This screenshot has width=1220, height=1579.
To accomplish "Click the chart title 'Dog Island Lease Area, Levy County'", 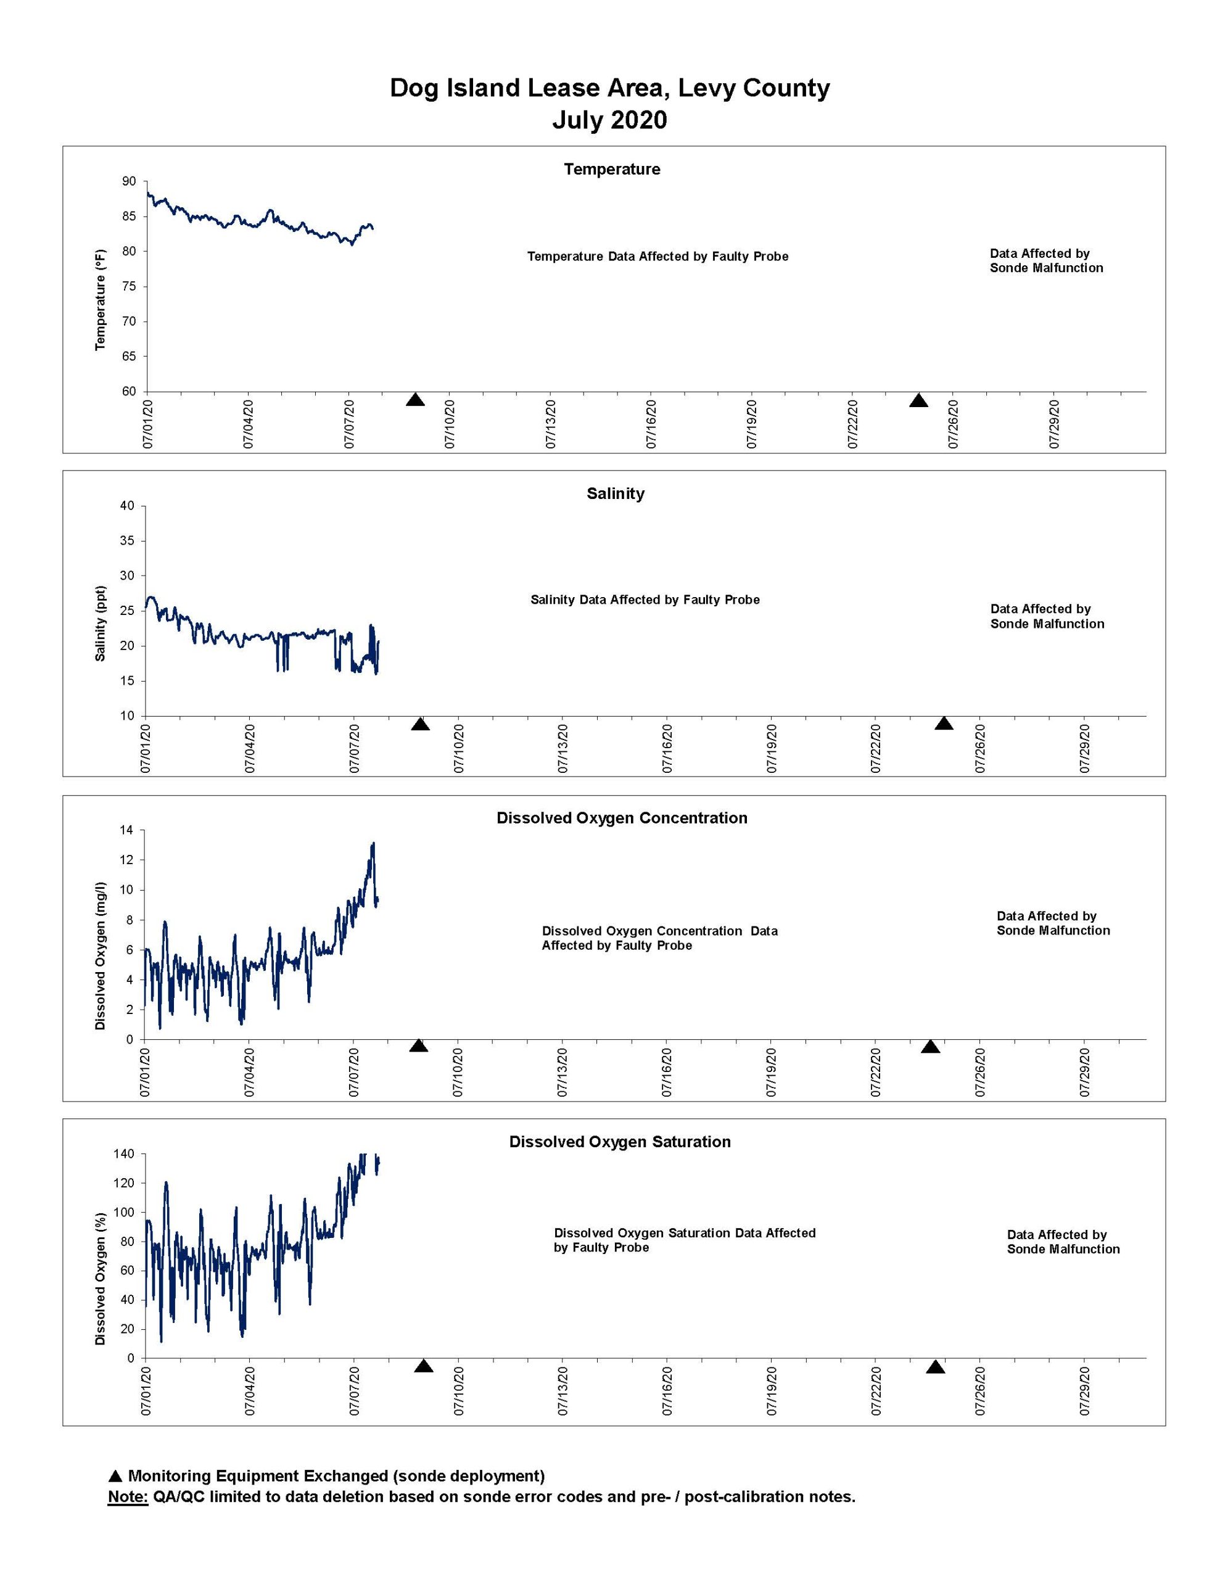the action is pos(609,88).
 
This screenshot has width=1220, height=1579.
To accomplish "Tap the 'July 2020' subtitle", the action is pos(609,120).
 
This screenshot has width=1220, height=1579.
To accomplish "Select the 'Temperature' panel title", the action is pos(612,169).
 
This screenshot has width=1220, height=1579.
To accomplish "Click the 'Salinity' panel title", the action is pos(616,494).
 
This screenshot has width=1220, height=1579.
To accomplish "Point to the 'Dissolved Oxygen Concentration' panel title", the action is pos(622,818).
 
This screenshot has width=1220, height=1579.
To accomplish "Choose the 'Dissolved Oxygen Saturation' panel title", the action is pos(620,1142).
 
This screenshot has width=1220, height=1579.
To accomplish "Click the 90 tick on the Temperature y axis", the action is pos(129,181).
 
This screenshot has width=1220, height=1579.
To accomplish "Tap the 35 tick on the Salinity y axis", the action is pos(126,541).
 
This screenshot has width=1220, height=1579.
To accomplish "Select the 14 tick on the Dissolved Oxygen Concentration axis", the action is pos(126,830).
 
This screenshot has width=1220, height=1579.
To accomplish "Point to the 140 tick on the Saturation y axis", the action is pos(123,1154).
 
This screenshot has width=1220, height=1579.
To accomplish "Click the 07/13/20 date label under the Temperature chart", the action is pos(551,424).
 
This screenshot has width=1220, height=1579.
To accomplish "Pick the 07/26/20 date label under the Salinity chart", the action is pos(981,748).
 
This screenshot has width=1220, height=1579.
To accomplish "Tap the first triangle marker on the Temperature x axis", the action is pos(415,400).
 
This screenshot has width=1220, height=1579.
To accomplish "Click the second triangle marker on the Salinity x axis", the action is pos(944,724).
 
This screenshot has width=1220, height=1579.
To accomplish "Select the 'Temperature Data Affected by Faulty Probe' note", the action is pos(657,257).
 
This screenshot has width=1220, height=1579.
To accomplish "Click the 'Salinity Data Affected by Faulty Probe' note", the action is pos(645,600).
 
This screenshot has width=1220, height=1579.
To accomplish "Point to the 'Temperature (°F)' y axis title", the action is pos(101,299).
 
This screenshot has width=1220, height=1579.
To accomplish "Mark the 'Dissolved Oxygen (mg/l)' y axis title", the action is pos(101,956).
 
